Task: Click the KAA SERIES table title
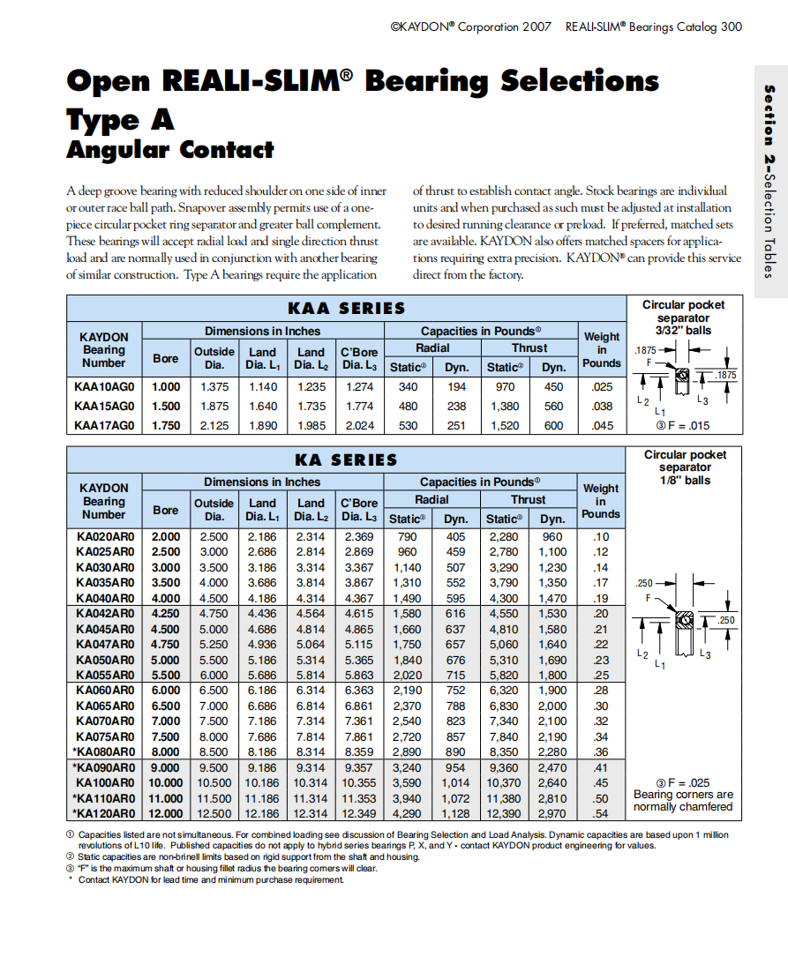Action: point(346,309)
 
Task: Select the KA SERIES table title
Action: point(346,460)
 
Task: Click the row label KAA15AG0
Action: point(104,407)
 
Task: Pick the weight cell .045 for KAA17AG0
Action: point(602,425)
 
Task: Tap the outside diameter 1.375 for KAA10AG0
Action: point(214,387)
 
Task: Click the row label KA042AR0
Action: point(105,613)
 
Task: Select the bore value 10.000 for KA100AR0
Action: point(166,783)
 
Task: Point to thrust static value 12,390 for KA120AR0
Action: point(503,813)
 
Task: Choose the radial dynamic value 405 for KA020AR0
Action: point(455,537)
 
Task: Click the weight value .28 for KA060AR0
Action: point(601,691)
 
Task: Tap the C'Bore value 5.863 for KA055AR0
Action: point(358,675)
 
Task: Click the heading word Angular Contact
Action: point(170,150)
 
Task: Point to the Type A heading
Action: point(120,119)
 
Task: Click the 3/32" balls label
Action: point(684,331)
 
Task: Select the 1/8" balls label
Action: point(685,481)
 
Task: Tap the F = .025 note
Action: point(683,782)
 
